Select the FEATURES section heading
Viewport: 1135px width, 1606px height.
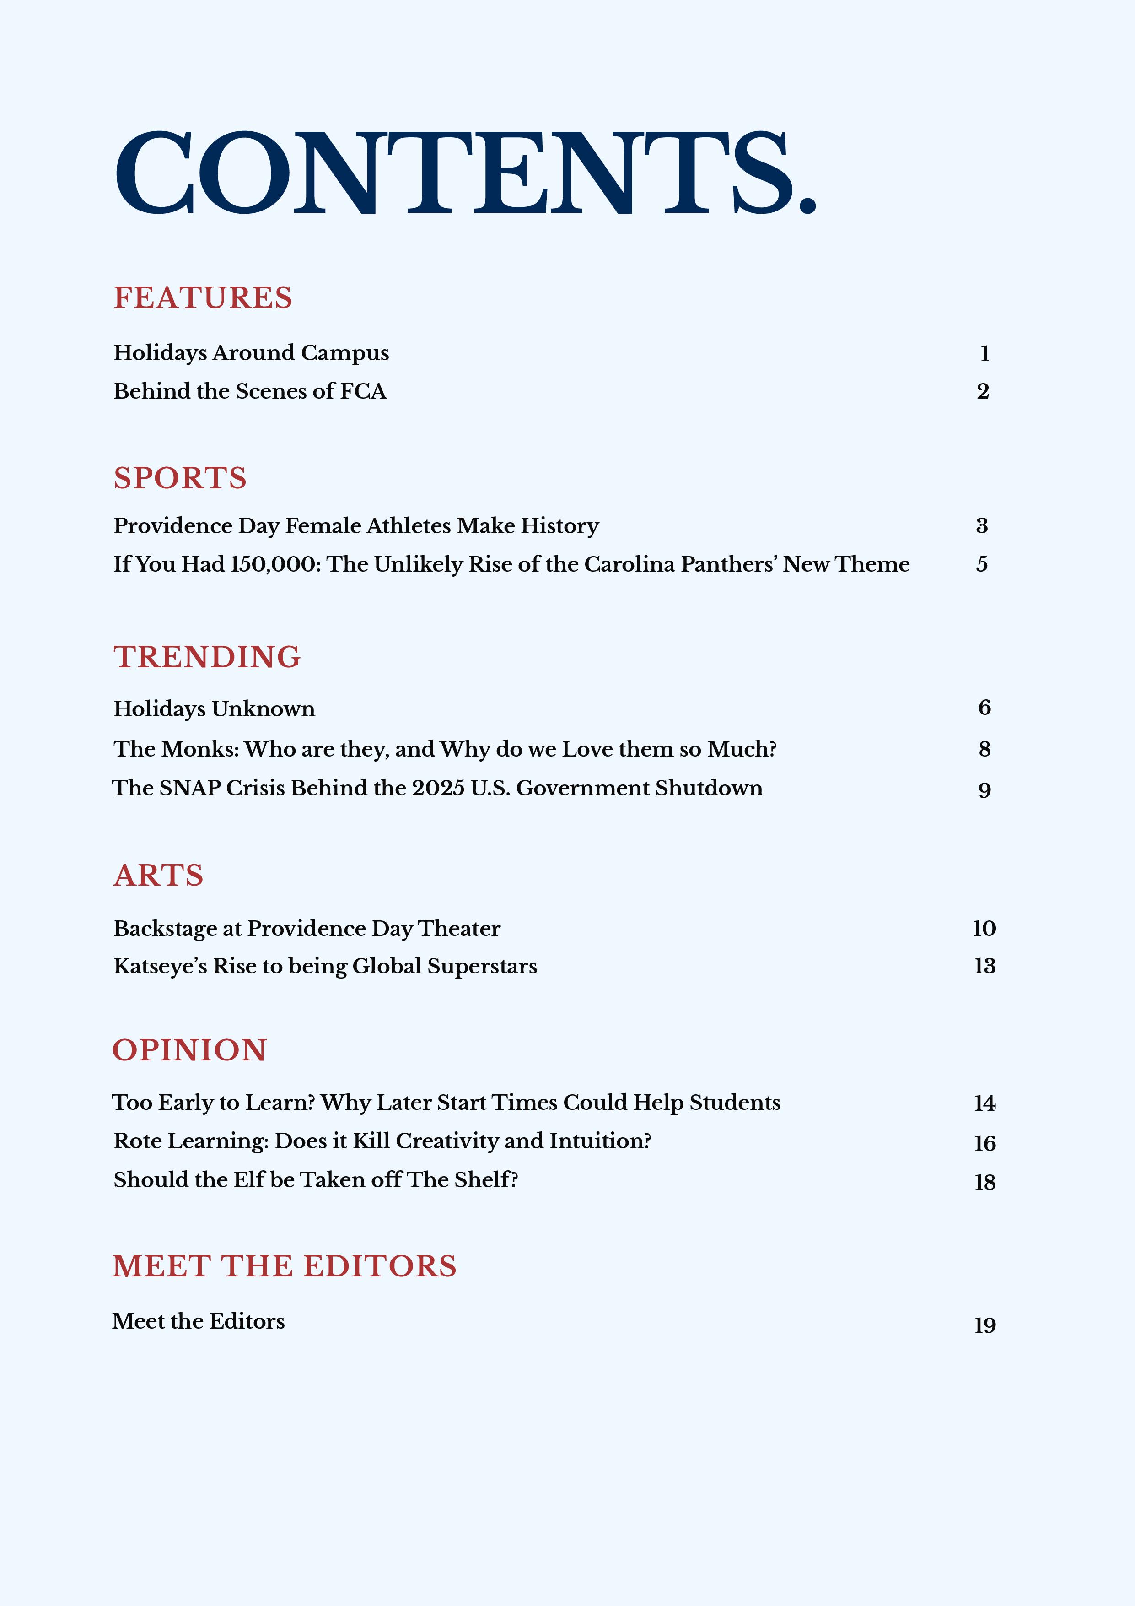click(203, 298)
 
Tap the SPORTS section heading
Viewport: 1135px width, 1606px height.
click(180, 478)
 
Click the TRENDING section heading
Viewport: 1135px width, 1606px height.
click(207, 658)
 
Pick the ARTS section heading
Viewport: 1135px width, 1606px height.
click(159, 876)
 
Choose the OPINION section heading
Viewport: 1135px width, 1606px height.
click(189, 1051)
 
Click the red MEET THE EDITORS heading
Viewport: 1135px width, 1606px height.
click(284, 1267)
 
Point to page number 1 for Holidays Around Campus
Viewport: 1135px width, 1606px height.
click(984, 354)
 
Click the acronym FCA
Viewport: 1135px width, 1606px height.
click(363, 391)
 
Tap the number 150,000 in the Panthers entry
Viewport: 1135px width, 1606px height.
click(275, 564)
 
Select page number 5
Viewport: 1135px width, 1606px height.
click(982, 564)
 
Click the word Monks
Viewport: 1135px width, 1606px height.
click(200, 749)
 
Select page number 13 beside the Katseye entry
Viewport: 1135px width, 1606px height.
click(984, 966)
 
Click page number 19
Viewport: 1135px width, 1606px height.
click(984, 1325)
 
